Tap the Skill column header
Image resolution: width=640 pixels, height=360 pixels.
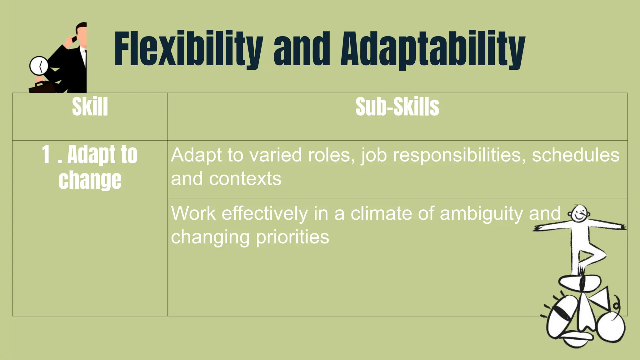90,107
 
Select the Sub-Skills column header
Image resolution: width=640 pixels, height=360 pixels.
397,107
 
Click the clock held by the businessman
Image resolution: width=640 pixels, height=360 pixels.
39,66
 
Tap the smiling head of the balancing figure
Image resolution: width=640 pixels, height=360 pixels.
579,214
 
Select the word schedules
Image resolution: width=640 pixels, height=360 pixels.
576,155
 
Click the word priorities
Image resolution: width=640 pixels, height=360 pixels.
292,237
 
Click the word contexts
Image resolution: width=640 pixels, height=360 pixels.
245,179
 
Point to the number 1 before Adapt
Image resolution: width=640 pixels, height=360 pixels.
46,154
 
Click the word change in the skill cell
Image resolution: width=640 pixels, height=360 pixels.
90,180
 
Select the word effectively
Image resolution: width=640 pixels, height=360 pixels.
265,213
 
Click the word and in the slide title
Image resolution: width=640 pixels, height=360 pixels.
302,49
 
